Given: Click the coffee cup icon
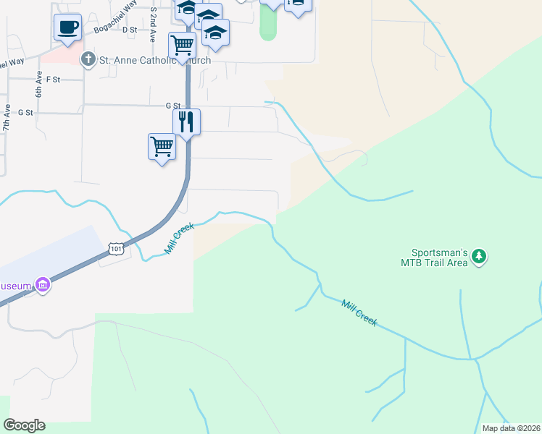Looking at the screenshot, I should [67, 27].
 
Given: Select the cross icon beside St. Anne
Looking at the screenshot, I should [88, 59].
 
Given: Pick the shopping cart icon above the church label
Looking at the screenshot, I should [182, 45].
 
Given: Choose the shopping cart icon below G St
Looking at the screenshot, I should [162, 146].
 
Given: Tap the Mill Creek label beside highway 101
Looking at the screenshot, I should [180, 238].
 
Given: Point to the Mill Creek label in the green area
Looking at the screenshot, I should [359, 312].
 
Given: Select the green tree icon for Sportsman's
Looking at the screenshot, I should [478, 256].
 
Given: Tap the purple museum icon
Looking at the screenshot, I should [43, 286].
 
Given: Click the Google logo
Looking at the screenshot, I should [24, 425].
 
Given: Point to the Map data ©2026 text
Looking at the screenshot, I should [511, 428].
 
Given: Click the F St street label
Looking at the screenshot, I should [52, 79].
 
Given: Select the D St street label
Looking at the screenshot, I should [130, 30].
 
